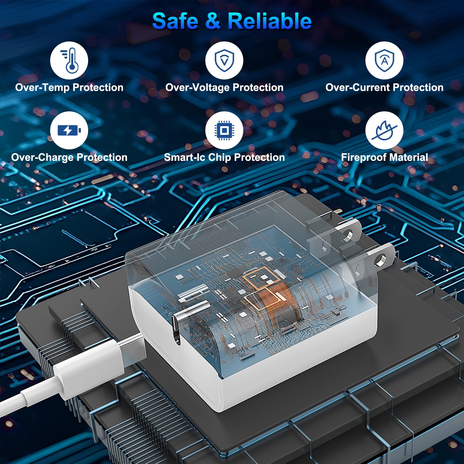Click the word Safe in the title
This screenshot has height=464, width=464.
(x=175, y=21)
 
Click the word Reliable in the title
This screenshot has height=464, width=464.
(x=270, y=21)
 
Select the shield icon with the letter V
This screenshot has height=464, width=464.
(x=224, y=60)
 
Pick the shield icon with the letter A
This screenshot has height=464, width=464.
(x=384, y=60)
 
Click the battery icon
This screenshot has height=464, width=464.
(x=69, y=130)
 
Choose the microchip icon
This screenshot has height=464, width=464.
(x=224, y=130)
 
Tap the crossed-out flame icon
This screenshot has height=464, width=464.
(x=384, y=130)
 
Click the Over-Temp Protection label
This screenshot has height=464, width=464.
(x=69, y=87)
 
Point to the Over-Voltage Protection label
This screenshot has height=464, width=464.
(x=224, y=87)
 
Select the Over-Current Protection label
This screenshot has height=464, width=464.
(x=385, y=87)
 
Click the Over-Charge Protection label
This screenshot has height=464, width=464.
(x=69, y=157)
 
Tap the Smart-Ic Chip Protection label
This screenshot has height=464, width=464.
(x=224, y=157)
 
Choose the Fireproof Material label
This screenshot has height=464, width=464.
(x=385, y=157)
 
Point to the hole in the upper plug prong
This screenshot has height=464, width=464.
(x=347, y=235)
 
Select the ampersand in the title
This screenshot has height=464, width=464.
(x=213, y=21)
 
